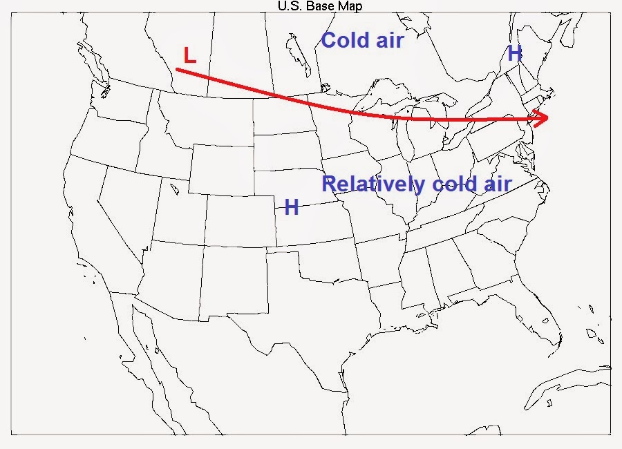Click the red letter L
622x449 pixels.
click(x=189, y=55)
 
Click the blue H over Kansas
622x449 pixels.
click(x=292, y=207)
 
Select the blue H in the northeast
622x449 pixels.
click(x=514, y=53)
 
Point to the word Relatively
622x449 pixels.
click(x=373, y=184)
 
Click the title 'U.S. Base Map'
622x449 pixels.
click(x=319, y=6)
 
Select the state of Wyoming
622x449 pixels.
click(x=220, y=169)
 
